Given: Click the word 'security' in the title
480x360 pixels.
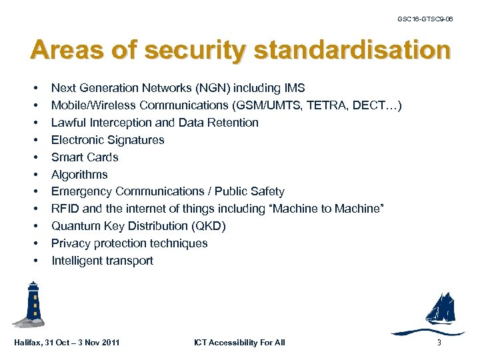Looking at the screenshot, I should click(199, 51).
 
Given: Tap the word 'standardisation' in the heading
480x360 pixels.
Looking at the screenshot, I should click(352, 50).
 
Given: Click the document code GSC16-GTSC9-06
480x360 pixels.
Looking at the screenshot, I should click(425, 20).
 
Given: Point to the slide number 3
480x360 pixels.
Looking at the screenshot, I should click(439, 343).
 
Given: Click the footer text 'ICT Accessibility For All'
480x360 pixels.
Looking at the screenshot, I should click(239, 343).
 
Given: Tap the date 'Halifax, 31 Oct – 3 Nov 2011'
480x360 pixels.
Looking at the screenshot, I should click(67, 343).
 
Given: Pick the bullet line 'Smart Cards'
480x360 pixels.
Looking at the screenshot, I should click(85, 157).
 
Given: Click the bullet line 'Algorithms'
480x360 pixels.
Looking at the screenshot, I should click(79, 175).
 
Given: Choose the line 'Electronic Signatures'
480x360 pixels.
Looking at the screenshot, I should click(107, 140).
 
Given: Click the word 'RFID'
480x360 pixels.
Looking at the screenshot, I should click(65, 209).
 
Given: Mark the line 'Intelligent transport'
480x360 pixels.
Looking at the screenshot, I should click(102, 261).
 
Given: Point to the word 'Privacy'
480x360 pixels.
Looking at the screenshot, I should click(70, 243).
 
